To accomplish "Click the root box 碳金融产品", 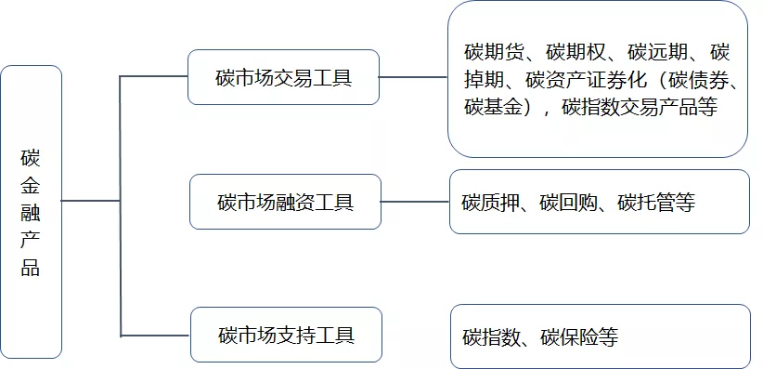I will coord(32,211).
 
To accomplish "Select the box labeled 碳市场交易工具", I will coord(284,77).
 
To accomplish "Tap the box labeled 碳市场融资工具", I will coord(285,201).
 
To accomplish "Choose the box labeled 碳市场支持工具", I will coord(285,334).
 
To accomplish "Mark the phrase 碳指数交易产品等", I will coord(640,106).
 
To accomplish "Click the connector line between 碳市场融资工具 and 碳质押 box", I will coord(415,202).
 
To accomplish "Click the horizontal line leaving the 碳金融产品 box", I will coord(91,201).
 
